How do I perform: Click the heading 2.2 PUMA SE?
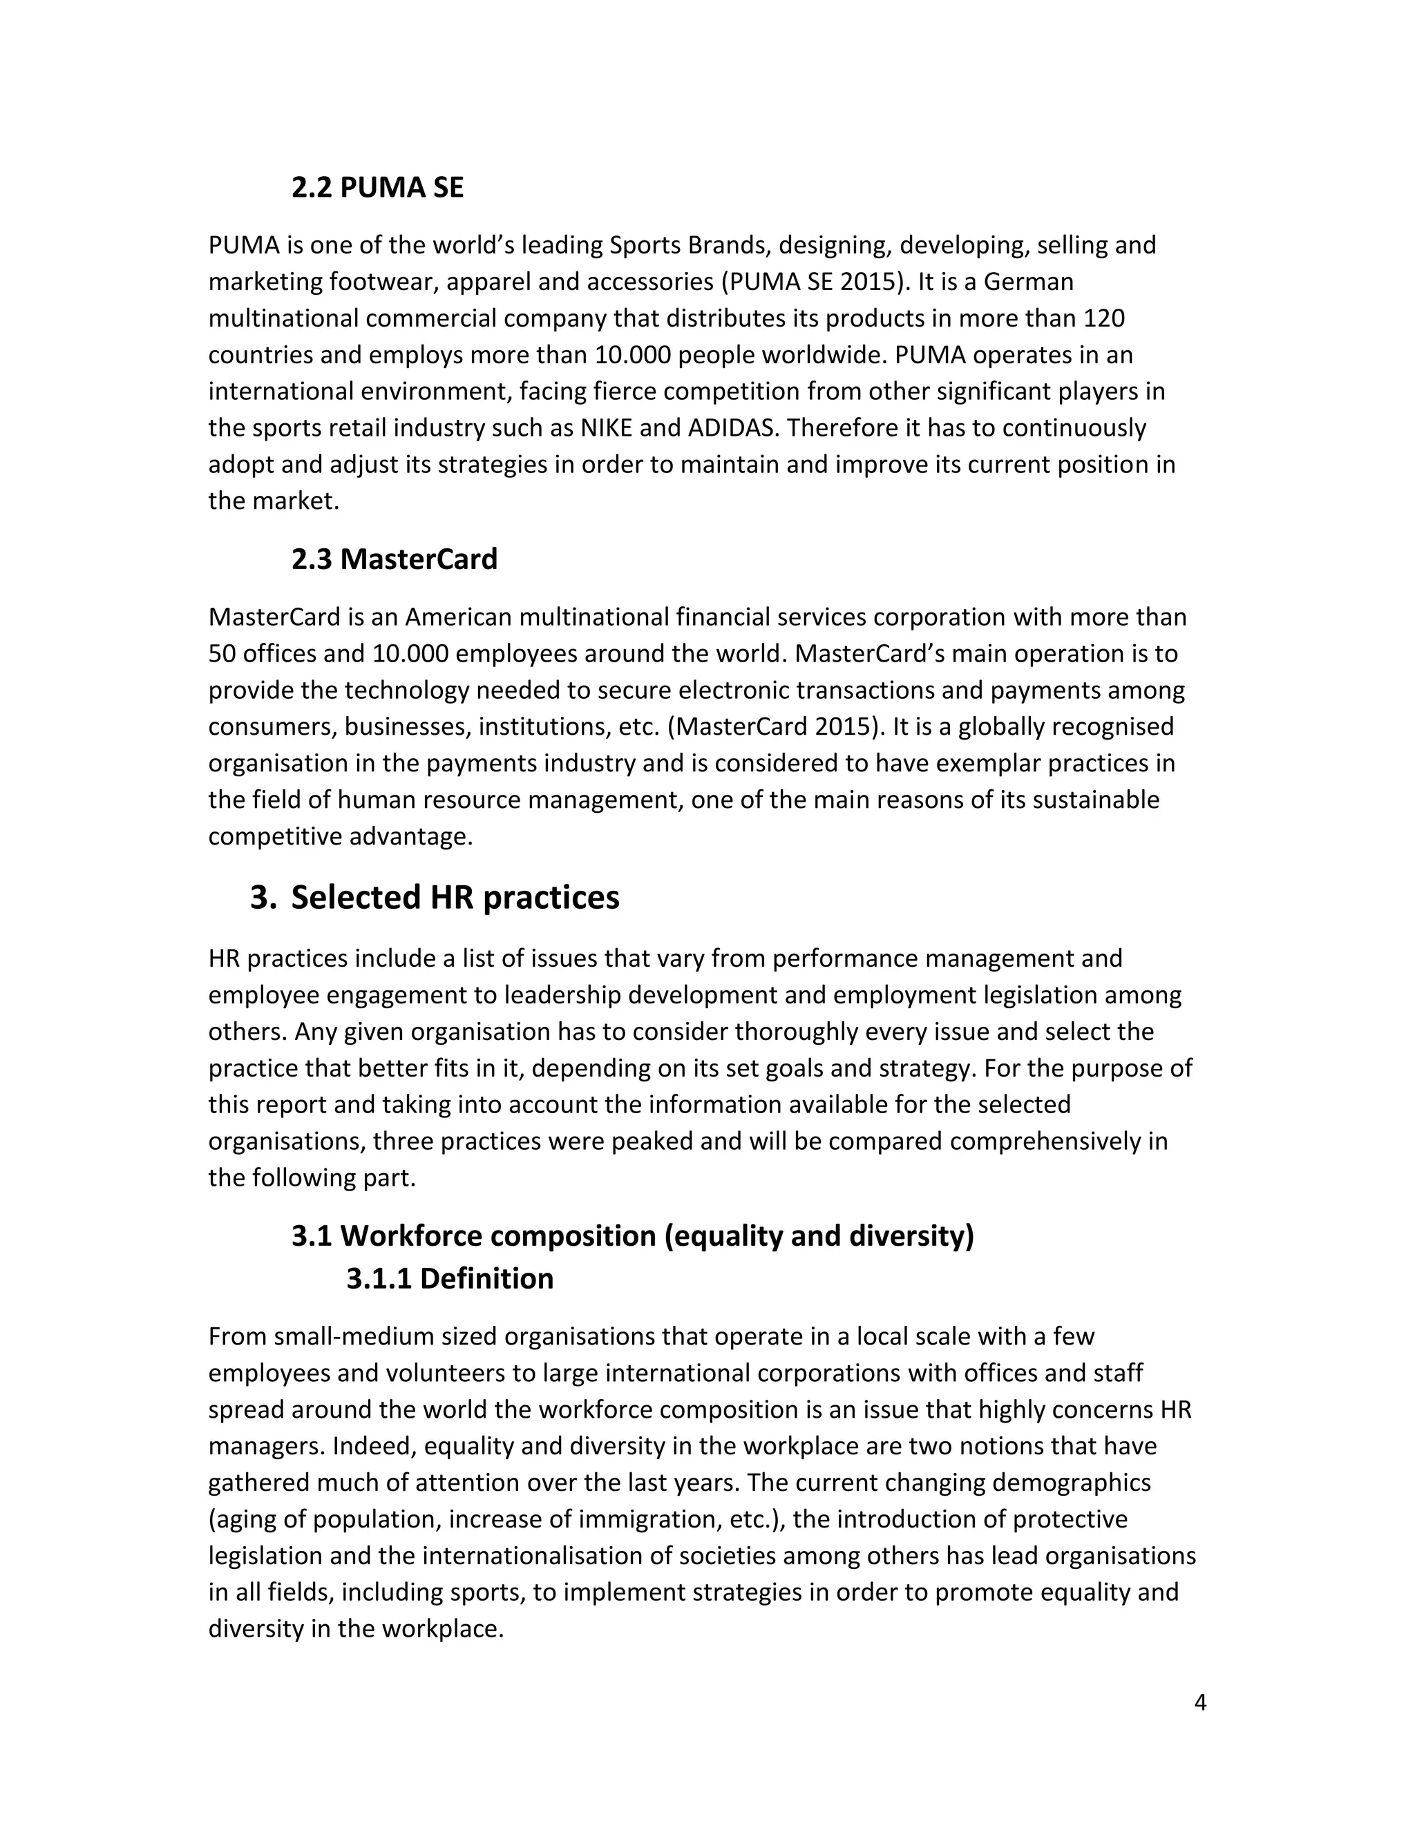point(377,188)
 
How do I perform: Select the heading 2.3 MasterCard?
point(394,559)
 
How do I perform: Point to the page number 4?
point(1199,1703)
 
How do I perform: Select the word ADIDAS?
point(734,428)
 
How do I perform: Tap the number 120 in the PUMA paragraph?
point(1103,318)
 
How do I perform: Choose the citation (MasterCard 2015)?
point(776,726)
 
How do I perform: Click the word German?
point(1027,282)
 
